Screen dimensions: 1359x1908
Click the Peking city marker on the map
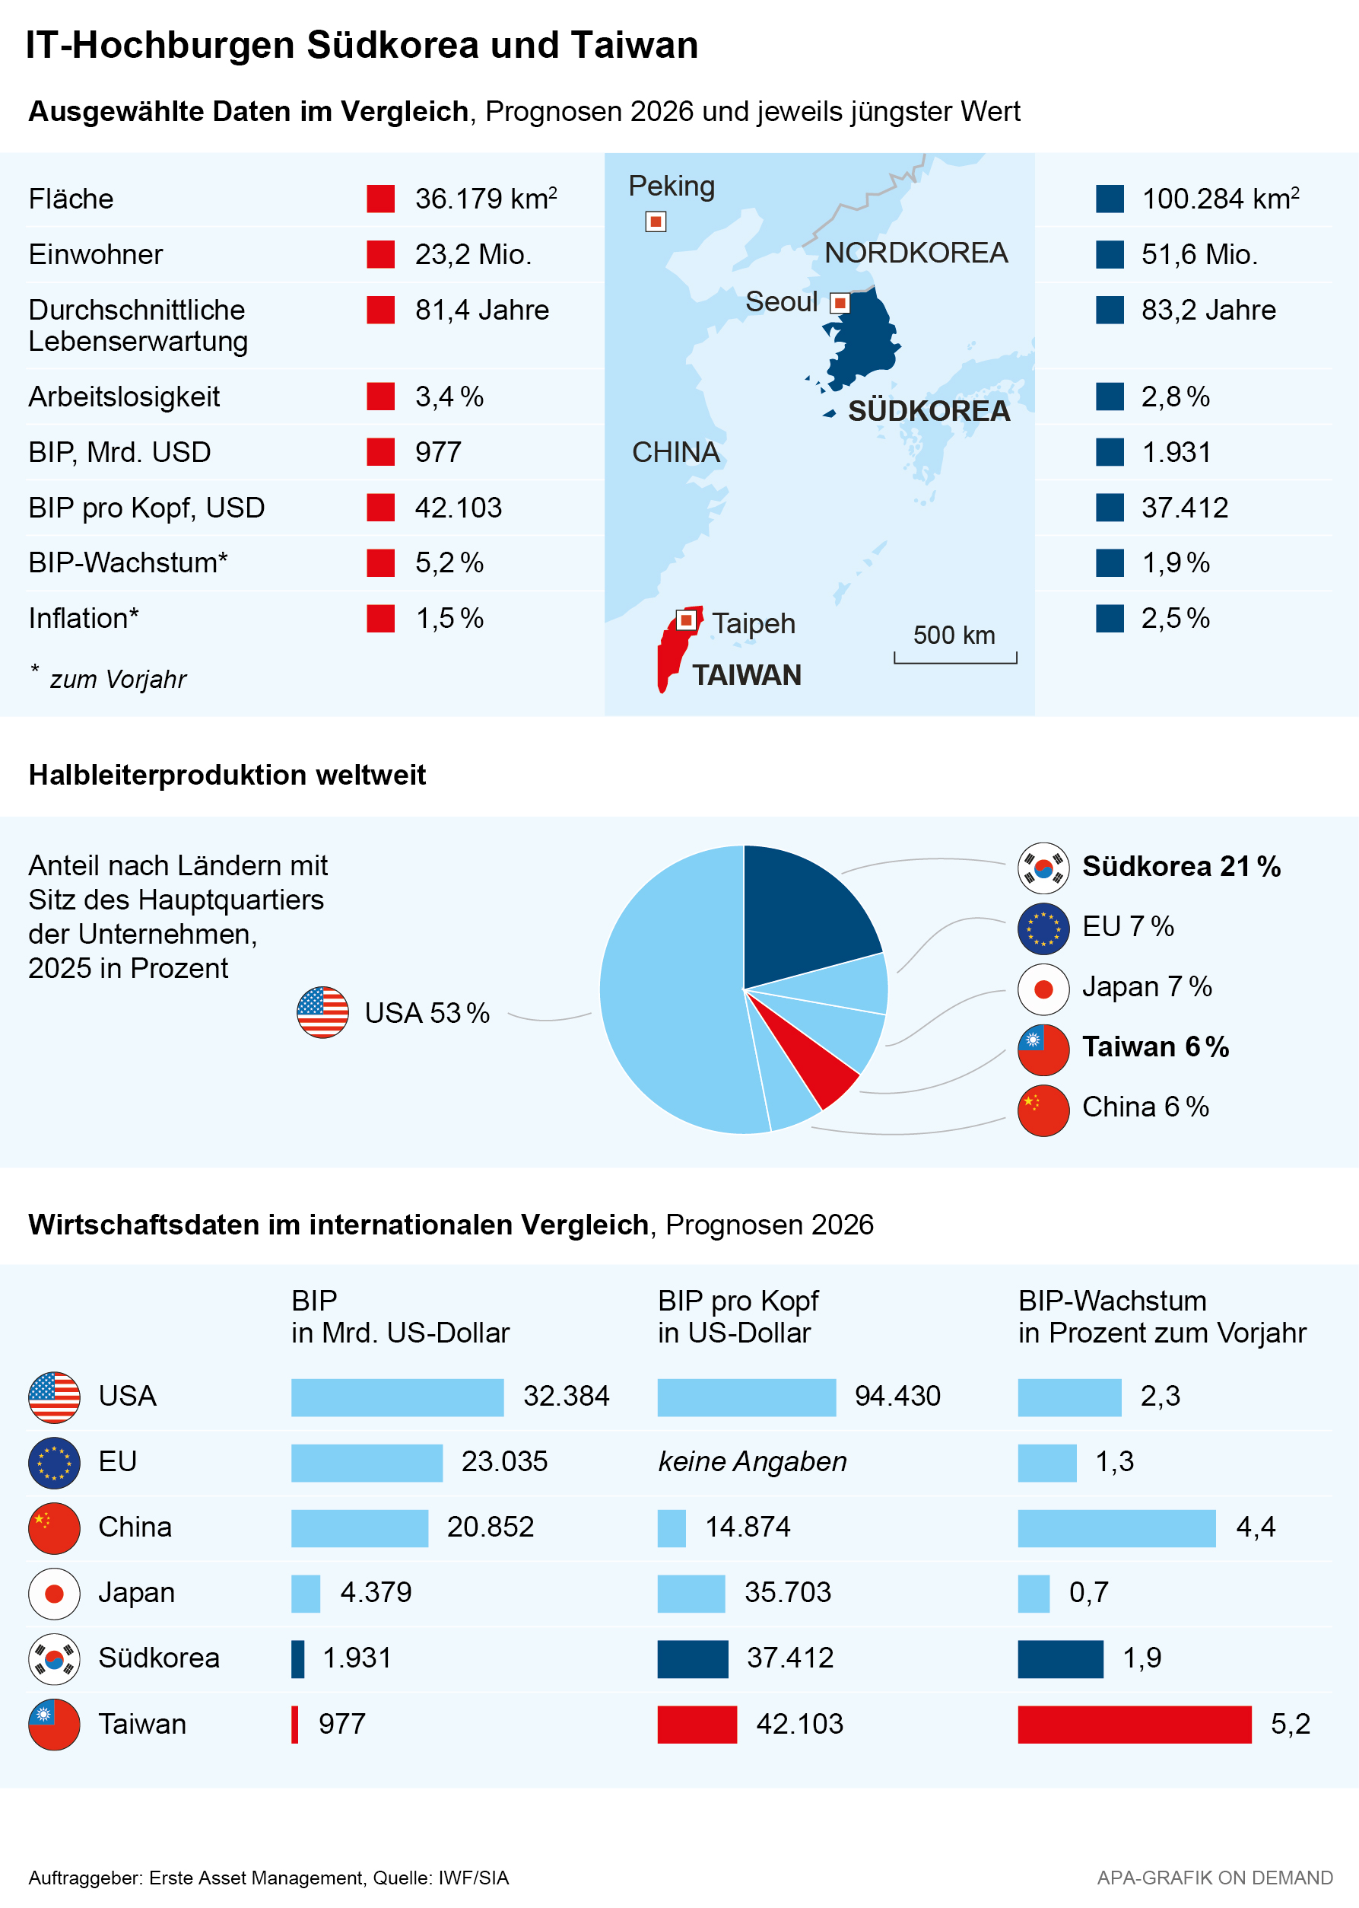(x=656, y=222)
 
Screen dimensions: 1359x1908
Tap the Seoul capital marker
(x=840, y=303)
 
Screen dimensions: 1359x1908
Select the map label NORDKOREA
(x=916, y=253)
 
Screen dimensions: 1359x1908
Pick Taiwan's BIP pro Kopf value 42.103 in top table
(x=458, y=508)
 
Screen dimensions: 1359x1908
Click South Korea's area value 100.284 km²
(x=1220, y=199)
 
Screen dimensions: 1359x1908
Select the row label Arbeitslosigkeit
(x=124, y=397)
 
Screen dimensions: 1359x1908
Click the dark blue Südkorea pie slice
(x=803, y=913)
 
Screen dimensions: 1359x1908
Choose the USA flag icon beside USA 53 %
(x=322, y=1012)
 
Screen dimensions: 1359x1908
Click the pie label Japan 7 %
(x=1147, y=986)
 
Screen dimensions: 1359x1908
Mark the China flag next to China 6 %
(x=1043, y=1110)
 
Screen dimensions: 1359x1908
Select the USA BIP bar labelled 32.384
(x=398, y=1397)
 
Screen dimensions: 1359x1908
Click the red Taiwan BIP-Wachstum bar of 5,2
(x=1134, y=1724)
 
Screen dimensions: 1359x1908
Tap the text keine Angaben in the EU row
(x=752, y=1461)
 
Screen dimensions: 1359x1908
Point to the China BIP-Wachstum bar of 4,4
(x=1116, y=1528)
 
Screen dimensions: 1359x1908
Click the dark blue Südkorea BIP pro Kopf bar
(x=693, y=1658)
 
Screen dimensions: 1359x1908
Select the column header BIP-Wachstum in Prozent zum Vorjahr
(x=1161, y=1316)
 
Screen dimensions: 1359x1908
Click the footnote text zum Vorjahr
(x=118, y=679)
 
